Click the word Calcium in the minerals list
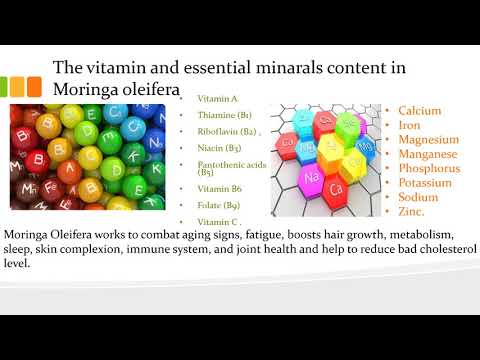coord(420,111)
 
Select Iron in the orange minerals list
coord(409,126)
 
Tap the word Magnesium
coord(428,140)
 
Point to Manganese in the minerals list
coord(428,155)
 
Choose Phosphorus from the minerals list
coord(430,169)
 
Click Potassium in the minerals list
coord(427,184)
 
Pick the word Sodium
coord(417,198)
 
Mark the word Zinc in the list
coord(412,213)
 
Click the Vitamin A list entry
coord(218,99)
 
